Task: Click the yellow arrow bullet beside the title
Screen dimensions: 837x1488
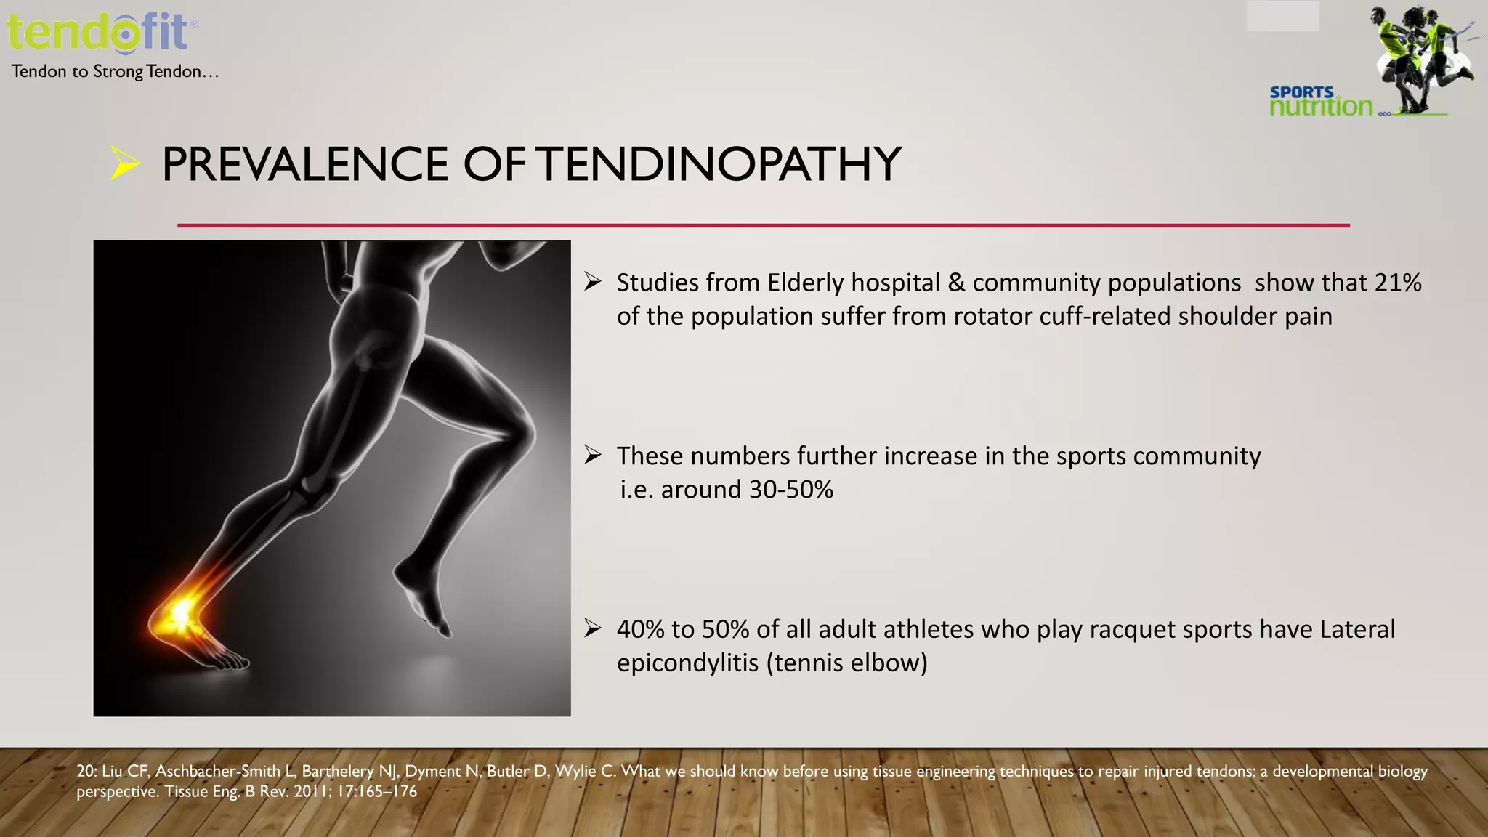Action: pos(124,163)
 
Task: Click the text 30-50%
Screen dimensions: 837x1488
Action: pos(790,490)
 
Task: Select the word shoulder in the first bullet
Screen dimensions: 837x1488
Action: pos(1227,317)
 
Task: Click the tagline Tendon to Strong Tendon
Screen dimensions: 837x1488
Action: pos(115,71)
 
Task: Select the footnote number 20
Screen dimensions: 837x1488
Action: pos(86,771)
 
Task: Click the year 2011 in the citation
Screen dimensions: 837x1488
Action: pos(314,791)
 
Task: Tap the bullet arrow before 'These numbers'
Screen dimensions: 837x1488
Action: pos(593,456)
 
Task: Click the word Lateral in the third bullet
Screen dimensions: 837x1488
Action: pos(1356,629)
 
